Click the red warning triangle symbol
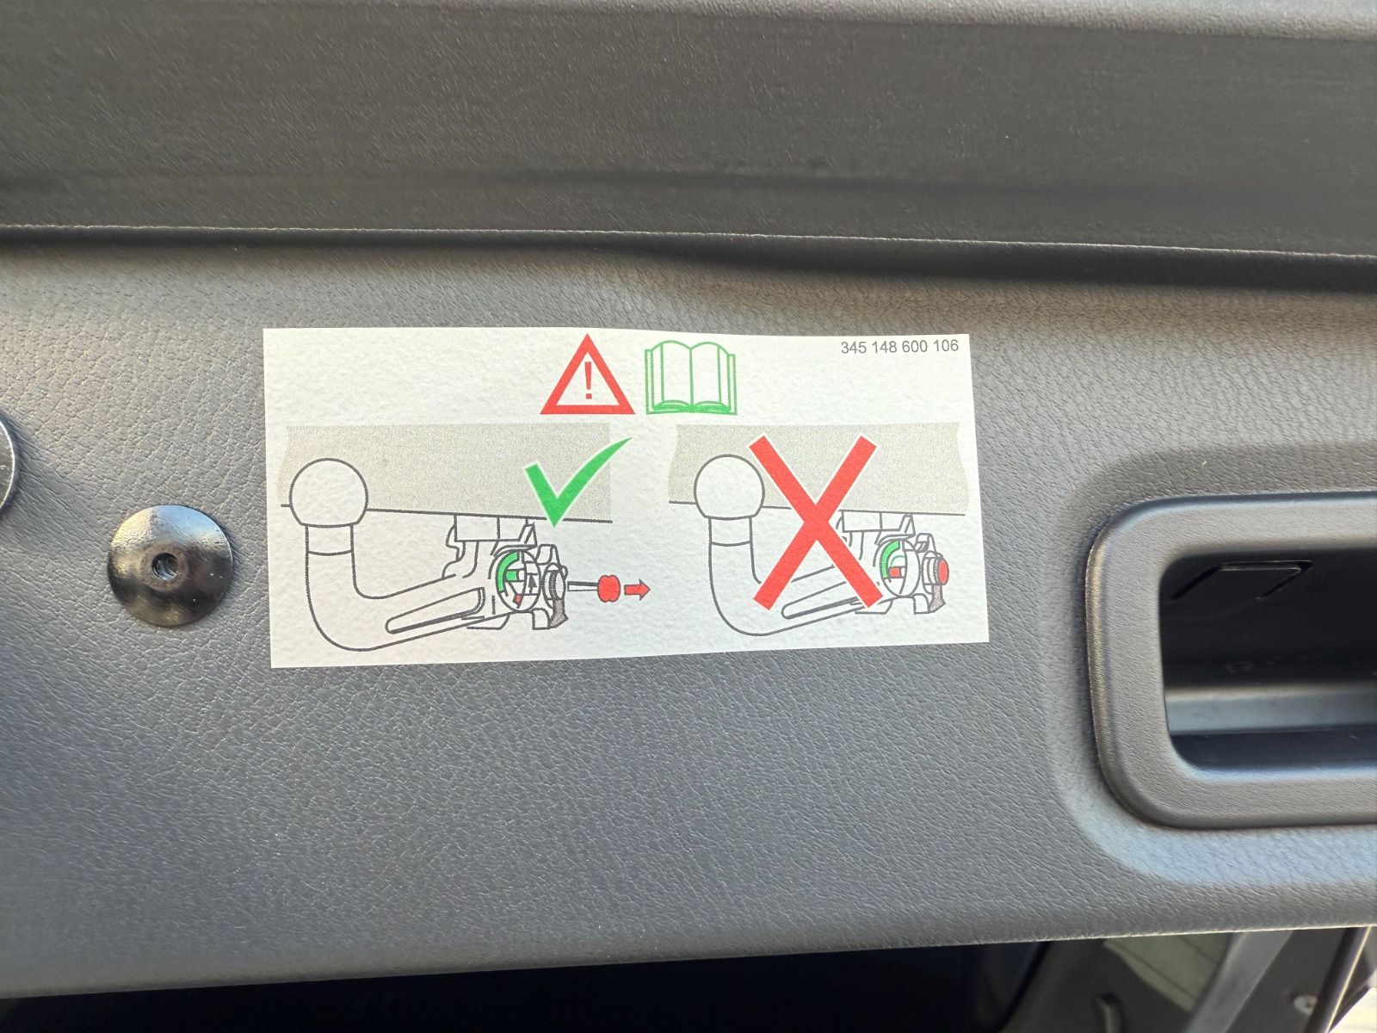coord(588,376)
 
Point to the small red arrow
coord(637,590)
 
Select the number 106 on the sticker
coord(944,346)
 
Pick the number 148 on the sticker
coord(883,348)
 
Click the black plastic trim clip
coord(170,565)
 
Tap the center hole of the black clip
coord(162,566)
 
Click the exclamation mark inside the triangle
coord(588,380)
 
